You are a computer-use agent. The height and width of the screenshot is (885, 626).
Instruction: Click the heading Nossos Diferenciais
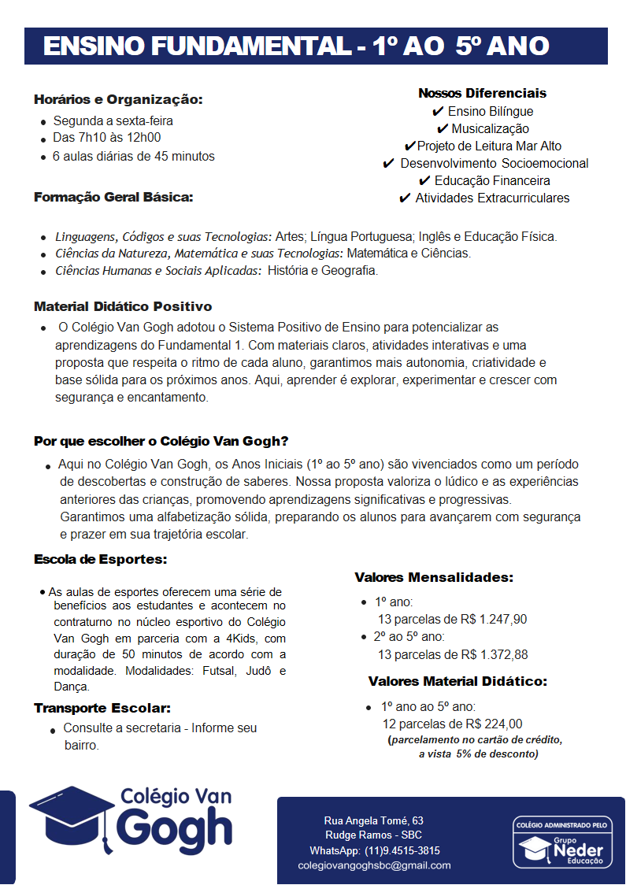tap(482, 93)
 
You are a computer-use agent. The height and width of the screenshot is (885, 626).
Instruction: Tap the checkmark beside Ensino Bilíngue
tap(438, 112)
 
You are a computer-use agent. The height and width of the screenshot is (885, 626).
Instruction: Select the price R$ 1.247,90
tap(494, 619)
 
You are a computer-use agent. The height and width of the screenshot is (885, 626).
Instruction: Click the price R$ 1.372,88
tap(495, 654)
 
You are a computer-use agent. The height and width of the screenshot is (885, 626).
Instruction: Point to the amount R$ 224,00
tap(494, 724)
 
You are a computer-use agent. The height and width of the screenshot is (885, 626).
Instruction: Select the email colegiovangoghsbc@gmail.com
tap(374, 865)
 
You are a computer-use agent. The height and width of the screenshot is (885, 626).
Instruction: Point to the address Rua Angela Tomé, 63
tap(374, 820)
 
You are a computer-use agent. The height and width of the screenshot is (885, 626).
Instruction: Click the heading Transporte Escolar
tap(102, 709)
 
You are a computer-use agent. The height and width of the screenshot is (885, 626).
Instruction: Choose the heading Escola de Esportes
tap(101, 560)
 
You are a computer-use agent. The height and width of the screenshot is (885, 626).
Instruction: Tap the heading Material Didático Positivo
tap(123, 306)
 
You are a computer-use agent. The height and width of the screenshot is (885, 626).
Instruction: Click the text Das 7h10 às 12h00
tap(106, 139)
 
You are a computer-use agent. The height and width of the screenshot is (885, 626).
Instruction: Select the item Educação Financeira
tap(492, 181)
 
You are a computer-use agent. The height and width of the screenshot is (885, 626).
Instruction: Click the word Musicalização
tap(490, 129)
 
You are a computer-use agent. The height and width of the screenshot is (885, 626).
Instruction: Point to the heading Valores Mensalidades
tap(434, 577)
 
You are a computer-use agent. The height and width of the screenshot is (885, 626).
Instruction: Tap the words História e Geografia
tap(323, 271)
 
